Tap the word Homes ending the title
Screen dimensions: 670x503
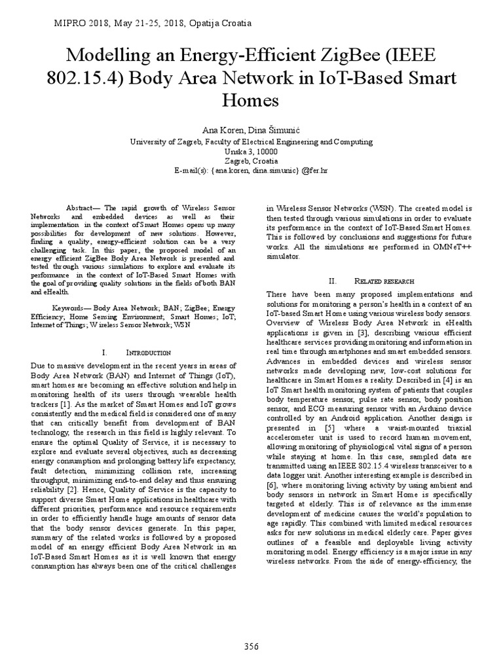point(251,101)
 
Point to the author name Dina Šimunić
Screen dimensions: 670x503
point(271,130)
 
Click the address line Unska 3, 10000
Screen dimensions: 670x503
point(251,151)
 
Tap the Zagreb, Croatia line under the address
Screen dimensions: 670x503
point(251,161)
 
